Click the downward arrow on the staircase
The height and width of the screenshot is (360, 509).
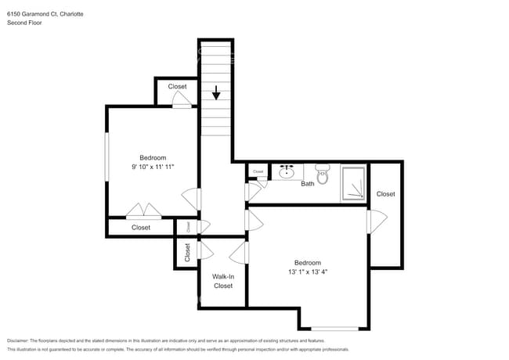point(216,94)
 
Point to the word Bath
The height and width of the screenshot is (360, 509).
point(308,184)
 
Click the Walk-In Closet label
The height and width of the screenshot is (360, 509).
point(223,281)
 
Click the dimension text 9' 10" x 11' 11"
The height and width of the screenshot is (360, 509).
point(153,167)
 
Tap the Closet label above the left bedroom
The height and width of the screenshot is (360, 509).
point(177,86)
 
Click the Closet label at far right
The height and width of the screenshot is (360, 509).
point(385,194)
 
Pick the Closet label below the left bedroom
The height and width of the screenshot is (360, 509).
point(141,228)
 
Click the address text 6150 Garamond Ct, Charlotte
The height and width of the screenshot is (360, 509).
point(46,13)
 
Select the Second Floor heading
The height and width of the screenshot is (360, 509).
point(26,23)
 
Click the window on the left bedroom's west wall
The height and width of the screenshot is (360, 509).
point(107,160)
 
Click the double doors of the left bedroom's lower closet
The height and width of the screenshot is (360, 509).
point(144,211)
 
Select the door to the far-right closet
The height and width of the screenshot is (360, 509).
point(372,222)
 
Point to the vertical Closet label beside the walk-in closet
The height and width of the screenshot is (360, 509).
point(187,252)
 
